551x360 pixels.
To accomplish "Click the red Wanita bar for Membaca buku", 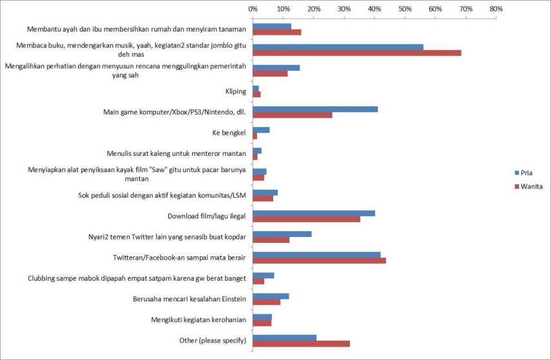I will pyautogui.click(x=356, y=53).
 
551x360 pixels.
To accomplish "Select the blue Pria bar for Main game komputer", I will pyautogui.click(x=315, y=109).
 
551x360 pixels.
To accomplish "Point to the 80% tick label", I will pyautogui.click(x=495, y=9).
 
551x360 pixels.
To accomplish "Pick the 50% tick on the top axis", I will pyautogui.click(x=404, y=9).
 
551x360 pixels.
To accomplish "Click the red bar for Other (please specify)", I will pyautogui.click(x=301, y=344).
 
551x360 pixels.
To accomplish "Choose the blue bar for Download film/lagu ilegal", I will pyautogui.click(x=314, y=213).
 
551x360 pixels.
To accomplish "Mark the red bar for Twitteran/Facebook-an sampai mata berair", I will pyautogui.click(x=319, y=260).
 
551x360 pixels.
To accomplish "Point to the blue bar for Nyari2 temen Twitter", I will pyautogui.click(x=282, y=234).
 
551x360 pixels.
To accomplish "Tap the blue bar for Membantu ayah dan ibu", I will pyautogui.click(x=271, y=26).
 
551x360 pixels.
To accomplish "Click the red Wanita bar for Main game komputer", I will pyautogui.click(x=293, y=115).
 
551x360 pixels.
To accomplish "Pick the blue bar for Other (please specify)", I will pyautogui.click(x=284, y=337).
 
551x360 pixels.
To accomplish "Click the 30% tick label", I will pyautogui.click(x=343, y=9).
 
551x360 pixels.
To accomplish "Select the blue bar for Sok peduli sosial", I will pyautogui.click(x=265, y=193).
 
